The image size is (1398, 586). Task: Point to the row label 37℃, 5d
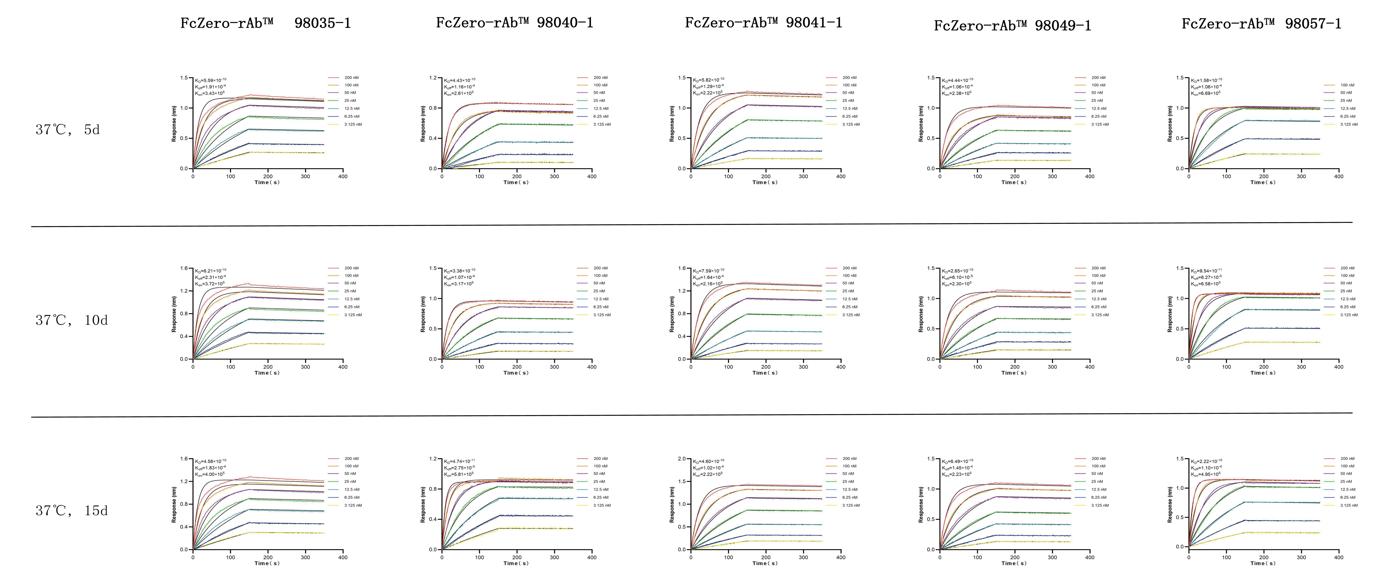click(68, 130)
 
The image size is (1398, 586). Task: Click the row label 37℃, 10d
click(72, 320)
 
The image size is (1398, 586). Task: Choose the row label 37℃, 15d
click(72, 511)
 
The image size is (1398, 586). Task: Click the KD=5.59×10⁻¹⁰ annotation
click(211, 80)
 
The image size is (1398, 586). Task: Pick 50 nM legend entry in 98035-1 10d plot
click(350, 283)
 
